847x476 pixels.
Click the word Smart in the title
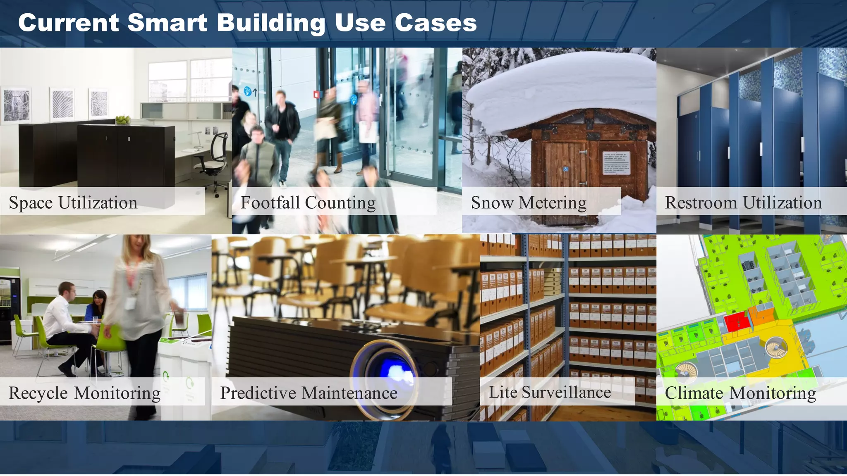pos(167,23)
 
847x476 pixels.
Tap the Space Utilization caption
pos(73,202)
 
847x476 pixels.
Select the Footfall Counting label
pos(308,202)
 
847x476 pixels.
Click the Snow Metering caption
pos(529,202)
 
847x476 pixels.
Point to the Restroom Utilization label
pos(743,202)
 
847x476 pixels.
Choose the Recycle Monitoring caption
pos(84,393)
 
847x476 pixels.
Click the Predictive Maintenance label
pos(309,393)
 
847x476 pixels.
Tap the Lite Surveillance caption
pos(550,392)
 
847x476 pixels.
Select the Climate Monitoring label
pos(740,393)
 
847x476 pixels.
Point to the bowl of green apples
pos(123,120)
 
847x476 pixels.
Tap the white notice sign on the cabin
pos(616,163)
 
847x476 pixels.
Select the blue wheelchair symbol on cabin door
pos(566,169)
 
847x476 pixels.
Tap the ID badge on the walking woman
pos(130,304)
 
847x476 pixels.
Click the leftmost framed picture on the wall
pos(17,105)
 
